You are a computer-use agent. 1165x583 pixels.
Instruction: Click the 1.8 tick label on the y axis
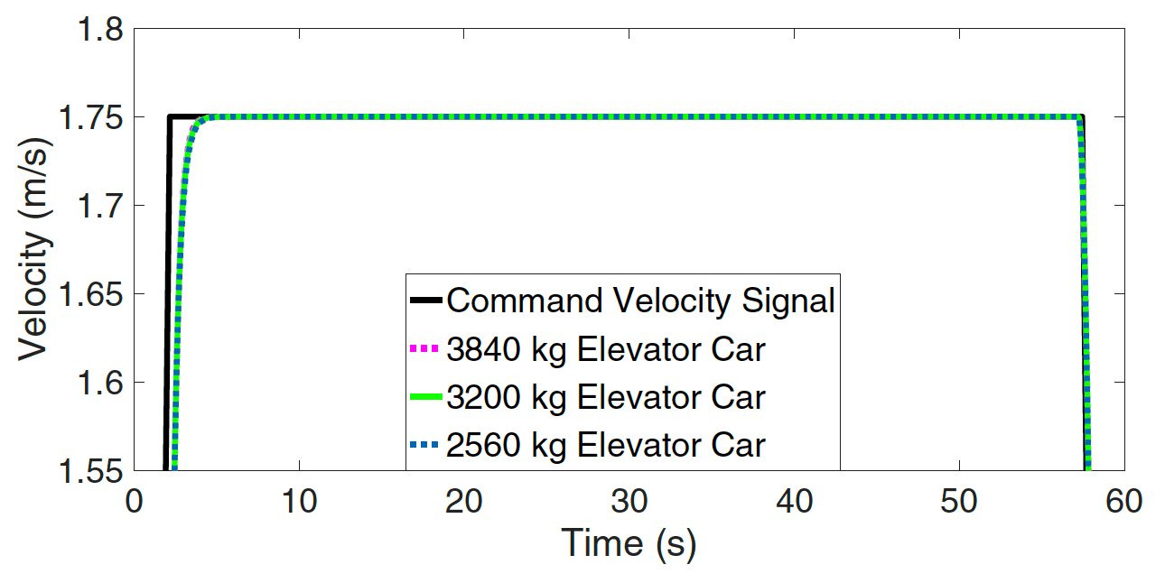97,31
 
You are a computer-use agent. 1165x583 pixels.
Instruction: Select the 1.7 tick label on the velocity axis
97,206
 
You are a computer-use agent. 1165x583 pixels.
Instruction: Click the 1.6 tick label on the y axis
97,383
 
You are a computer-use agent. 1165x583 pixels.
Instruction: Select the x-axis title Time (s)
629,544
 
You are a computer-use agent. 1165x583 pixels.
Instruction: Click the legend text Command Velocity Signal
640,301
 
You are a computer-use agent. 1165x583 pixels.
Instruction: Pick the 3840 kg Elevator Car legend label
605,348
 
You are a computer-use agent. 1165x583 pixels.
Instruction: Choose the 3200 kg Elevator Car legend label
605,397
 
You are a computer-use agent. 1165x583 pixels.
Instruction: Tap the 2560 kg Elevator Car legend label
605,445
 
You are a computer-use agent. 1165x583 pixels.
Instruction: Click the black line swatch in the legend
424,301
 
